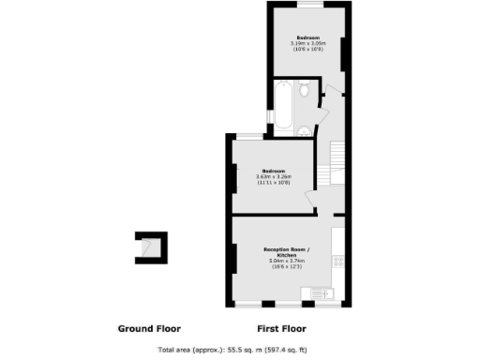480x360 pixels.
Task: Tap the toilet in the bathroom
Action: (x=304, y=91)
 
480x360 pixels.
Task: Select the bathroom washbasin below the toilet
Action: (x=304, y=129)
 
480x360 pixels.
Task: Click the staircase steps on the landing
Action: (x=337, y=164)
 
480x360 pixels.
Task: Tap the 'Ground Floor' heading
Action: (x=149, y=329)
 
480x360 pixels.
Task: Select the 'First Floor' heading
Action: (x=281, y=329)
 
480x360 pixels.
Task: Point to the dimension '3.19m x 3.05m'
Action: (x=308, y=43)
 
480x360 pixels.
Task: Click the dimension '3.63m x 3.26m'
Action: (x=276, y=176)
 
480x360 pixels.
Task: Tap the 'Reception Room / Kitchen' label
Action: (x=281, y=251)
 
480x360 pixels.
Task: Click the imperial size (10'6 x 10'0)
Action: (x=308, y=49)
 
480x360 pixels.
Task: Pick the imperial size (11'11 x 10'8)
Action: (x=276, y=182)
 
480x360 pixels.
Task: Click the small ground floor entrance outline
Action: (x=150, y=247)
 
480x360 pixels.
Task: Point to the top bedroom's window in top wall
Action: (x=308, y=6)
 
